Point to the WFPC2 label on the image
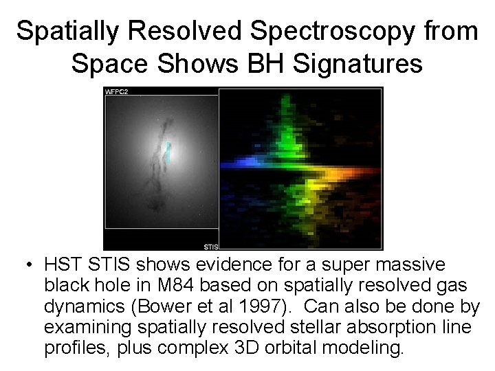point(116,91)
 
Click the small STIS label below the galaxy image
point(210,245)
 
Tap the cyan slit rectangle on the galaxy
point(167,153)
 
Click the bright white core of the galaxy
point(158,158)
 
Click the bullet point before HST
point(30,265)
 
